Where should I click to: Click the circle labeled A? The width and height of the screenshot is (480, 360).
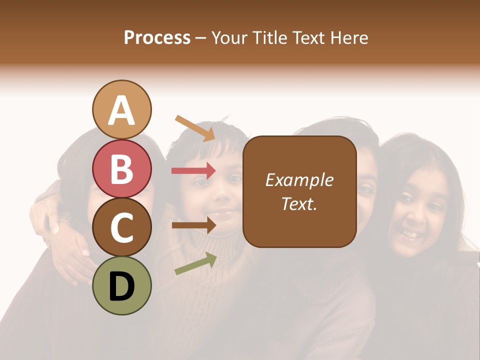121,109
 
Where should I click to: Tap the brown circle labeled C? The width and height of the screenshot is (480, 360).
121,227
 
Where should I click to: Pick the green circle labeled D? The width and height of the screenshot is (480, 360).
121,285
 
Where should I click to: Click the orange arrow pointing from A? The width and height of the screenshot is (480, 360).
194,127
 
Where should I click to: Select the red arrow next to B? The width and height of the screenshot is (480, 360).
193,171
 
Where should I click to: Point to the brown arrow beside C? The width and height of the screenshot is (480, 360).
193,225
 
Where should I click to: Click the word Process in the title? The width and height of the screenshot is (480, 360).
157,37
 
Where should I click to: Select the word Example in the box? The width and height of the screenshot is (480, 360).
299,180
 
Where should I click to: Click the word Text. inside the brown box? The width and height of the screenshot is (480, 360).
299,203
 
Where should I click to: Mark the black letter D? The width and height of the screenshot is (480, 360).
121,286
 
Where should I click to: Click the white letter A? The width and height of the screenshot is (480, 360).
121,110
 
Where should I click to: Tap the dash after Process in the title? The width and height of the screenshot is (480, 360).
201,38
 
